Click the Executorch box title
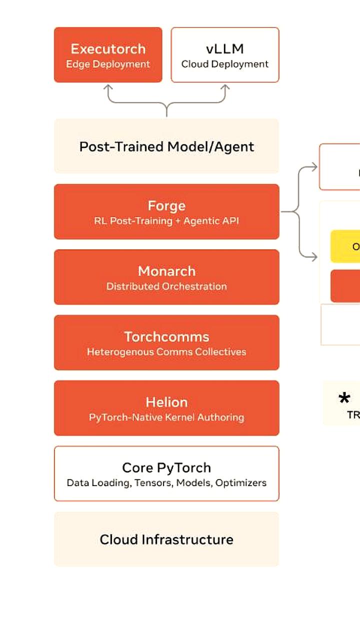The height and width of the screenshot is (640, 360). click(108, 49)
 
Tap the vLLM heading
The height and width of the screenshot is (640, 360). click(224, 49)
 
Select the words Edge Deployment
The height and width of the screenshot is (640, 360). click(108, 64)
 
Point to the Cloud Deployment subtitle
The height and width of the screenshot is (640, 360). click(224, 64)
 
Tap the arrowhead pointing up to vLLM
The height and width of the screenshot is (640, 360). click(225, 87)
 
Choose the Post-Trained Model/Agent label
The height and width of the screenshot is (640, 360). click(166, 146)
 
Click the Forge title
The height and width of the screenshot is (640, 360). click(166, 205)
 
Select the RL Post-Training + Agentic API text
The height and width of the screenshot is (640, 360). click(166, 221)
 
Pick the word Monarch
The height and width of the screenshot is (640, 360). click(166, 271)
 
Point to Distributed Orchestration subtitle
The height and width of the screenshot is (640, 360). click(166, 286)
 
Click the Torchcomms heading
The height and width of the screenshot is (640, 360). click(166, 336)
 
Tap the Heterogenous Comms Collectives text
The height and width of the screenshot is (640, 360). click(166, 352)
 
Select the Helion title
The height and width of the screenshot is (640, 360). click(166, 402)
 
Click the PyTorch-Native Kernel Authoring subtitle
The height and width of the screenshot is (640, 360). click(166, 417)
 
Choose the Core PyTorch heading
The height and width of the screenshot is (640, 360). click(166, 467)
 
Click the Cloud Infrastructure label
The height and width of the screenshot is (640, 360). click(166, 539)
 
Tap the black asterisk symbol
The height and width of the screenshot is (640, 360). click(344, 398)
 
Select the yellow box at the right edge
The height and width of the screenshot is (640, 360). click(346, 246)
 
